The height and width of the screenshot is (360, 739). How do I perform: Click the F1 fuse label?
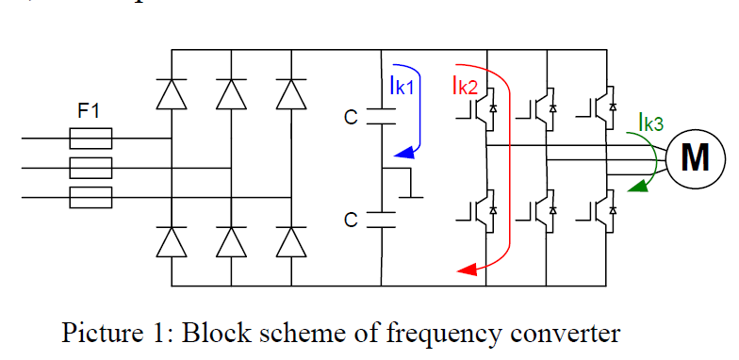(x=90, y=111)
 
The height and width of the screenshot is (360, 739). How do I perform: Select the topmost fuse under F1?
(x=91, y=140)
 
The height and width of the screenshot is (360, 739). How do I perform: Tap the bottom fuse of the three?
(x=91, y=197)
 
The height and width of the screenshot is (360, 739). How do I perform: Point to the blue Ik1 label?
(x=408, y=86)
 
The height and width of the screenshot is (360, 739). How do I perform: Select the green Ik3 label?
(x=650, y=123)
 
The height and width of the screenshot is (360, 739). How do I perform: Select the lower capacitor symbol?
(x=382, y=220)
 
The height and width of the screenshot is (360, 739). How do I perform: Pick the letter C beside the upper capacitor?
(x=351, y=118)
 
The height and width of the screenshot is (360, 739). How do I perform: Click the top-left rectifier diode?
(x=171, y=94)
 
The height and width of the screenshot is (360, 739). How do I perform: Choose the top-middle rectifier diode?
(x=231, y=94)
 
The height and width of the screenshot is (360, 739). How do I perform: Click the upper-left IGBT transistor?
(x=473, y=107)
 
